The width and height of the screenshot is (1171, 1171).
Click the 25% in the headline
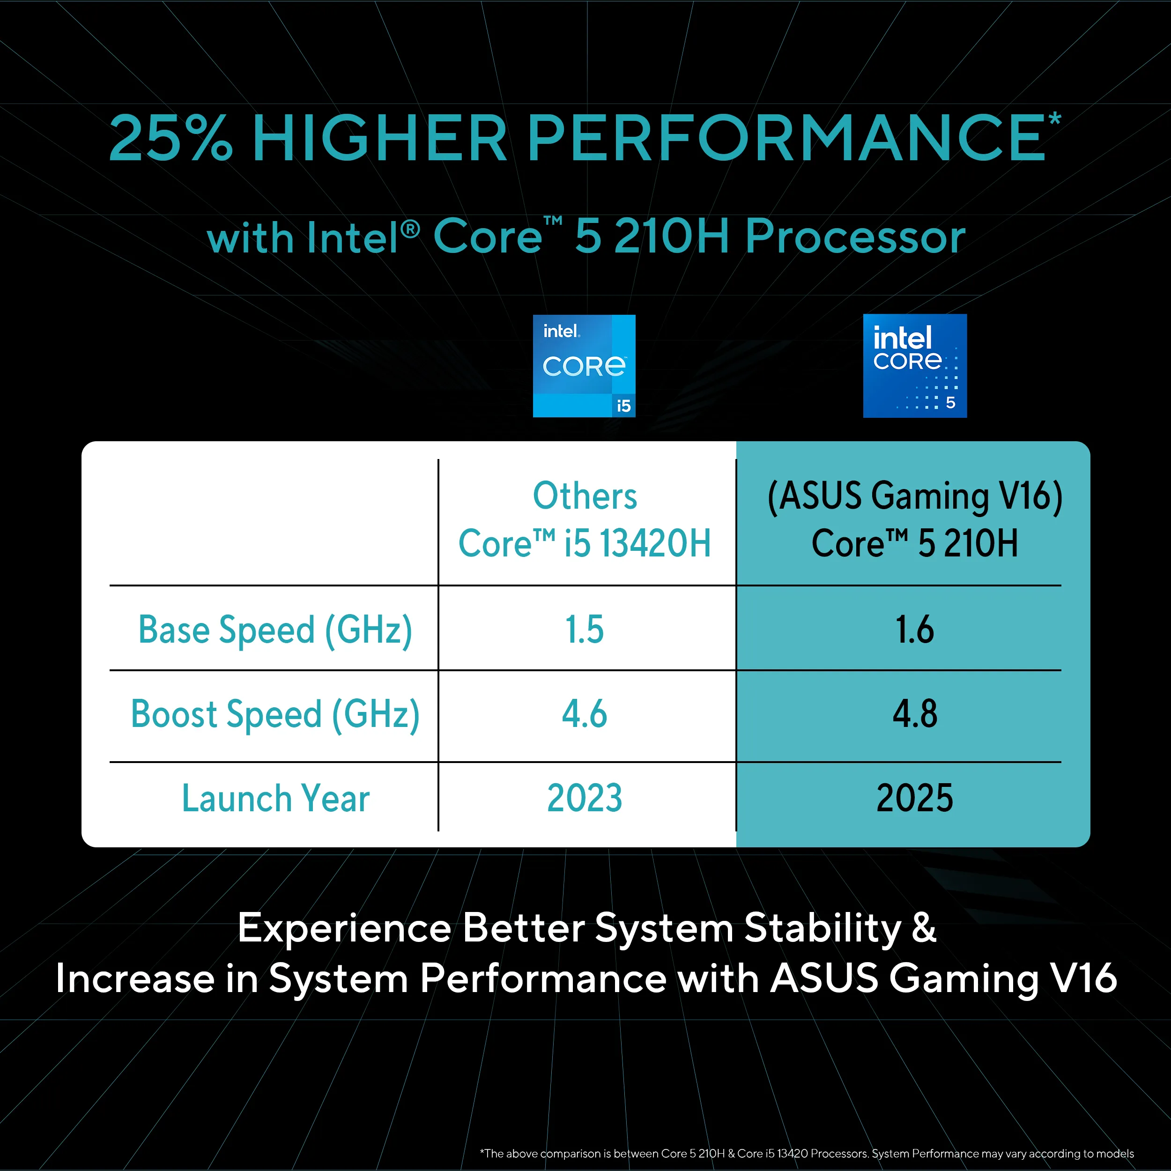(x=170, y=139)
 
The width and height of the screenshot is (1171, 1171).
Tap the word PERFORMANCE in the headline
(x=786, y=139)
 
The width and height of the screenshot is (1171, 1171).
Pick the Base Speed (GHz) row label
(x=275, y=629)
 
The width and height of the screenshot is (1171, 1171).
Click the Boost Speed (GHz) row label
(x=275, y=713)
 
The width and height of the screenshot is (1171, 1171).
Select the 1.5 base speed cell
(x=584, y=629)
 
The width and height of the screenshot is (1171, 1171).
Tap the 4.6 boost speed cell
(x=584, y=713)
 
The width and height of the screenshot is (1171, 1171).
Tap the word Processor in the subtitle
(x=855, y=237)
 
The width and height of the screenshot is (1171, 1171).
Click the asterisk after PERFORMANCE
(x=1055, y=118)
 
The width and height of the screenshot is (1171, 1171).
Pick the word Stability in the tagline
(x=823, y=928)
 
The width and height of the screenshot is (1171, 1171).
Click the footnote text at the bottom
(x=806, y=1153)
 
